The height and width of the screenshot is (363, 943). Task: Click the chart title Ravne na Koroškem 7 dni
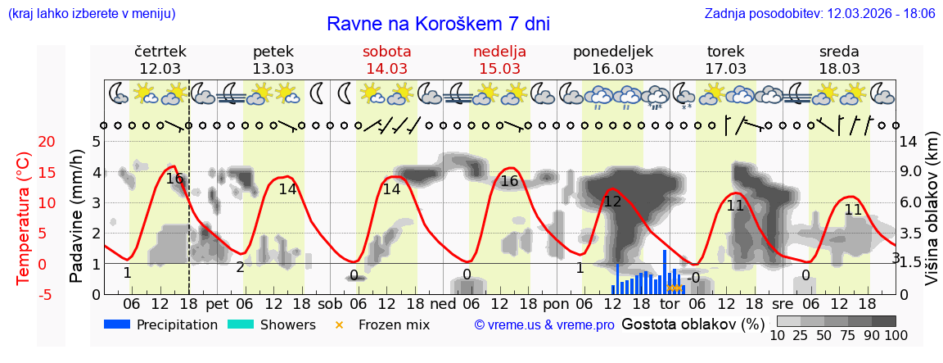pyautogui.click(x=438, y=24)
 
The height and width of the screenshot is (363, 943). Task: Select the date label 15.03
pyautogui.click(x=500, y=68)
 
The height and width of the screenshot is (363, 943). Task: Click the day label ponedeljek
pyautogui.click(x=613, y=52)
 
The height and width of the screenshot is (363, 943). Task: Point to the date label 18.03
pyautogui.click(x=839, y=68)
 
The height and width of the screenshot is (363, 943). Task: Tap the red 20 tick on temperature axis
pyautogui.click(x=25, y=142)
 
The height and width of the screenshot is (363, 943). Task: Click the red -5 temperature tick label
pyautogui.click(x=25, y=294)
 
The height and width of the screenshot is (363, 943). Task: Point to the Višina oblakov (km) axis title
pyautogui.click(x=932, y=217)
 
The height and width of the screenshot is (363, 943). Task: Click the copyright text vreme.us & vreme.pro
pyautogui.click(x=544, y=325)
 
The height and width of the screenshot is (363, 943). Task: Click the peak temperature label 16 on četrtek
pyautogui.click(x=174, y=179)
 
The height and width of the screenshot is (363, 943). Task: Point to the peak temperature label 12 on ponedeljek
pyautogui.click(x=612, y=202)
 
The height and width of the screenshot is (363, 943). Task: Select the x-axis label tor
pyautogui.click(x=670, y=303)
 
